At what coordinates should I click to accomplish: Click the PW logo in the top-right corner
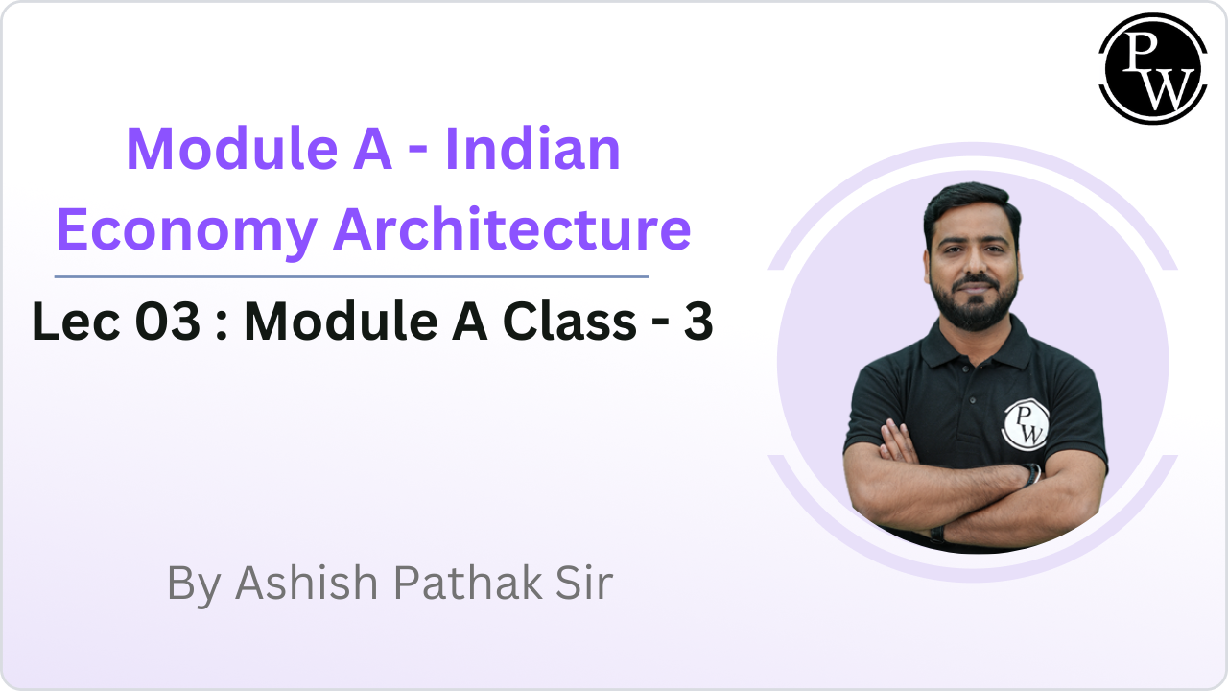click(x=1152, y=68)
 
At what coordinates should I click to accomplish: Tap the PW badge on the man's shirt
click(x=1025, y=423)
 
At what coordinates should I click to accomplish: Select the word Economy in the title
click(x=187, y=231)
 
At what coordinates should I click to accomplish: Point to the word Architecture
click(x=511, y=231)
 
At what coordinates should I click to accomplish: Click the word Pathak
click(x=469, y=583)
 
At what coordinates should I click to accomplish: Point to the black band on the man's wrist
click(x=1031, y=474)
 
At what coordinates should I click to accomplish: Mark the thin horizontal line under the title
click(x=351, y=276)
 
